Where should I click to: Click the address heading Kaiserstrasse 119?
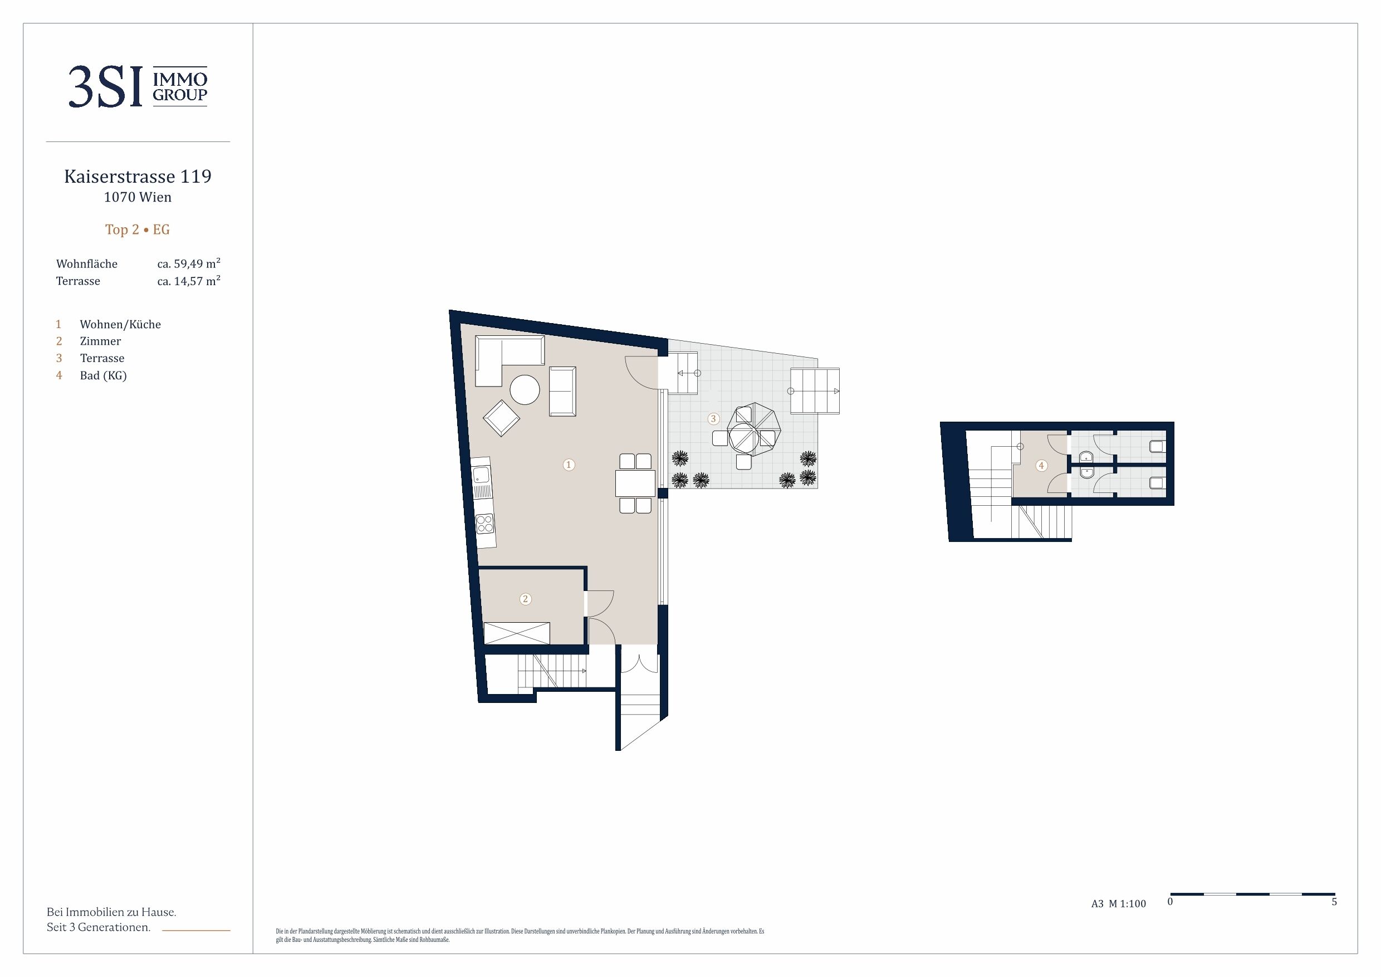coord(138,176)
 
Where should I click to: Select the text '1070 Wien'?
coord(138,197)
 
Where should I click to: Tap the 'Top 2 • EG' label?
coord(138,229)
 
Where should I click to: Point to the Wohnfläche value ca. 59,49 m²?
coord(189,263)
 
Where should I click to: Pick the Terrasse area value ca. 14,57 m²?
coord(189,281)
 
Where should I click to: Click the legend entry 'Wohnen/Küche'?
coord(120,324)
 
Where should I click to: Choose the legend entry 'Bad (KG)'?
coord(104,375)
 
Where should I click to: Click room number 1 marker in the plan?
coord(569,465)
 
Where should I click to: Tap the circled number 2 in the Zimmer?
coord(525,599)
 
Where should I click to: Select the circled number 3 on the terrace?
coord(713,419)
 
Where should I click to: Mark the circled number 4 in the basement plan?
coord(1041,465)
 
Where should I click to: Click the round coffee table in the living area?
coord(525,390)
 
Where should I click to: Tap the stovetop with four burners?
coord(485,524)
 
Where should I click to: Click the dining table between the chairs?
coord(635,483)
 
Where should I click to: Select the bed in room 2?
coord(517,633)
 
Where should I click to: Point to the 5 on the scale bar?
coord(1334,902)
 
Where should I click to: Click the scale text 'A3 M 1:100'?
coord(1119,903)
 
